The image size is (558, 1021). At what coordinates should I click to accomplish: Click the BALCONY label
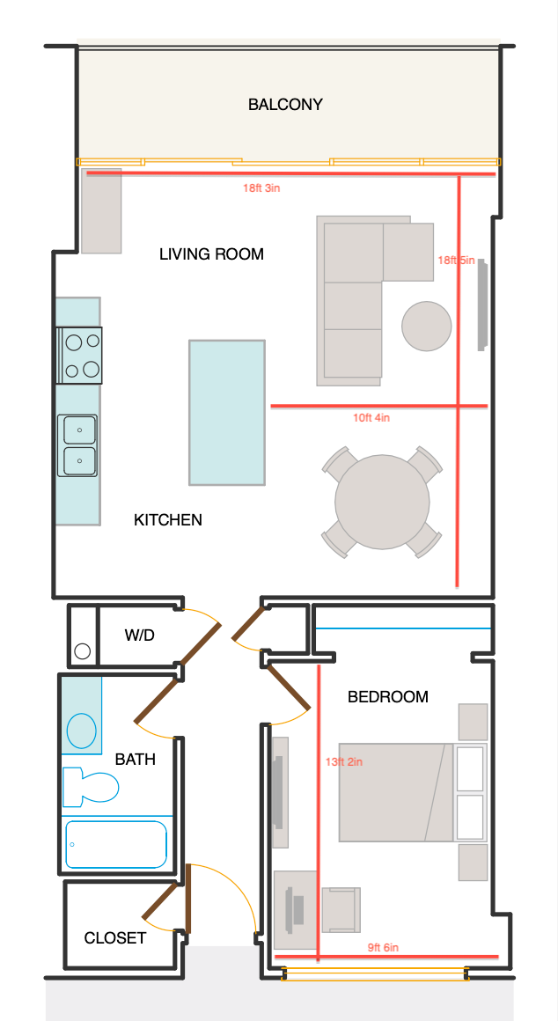tap(285, 104)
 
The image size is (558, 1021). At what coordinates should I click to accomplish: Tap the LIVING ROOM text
tap(211, 254)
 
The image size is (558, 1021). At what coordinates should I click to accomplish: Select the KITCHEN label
tap(168, 519)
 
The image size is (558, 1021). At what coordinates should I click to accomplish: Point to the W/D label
tap(140, 635)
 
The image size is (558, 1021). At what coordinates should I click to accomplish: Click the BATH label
tap(135, 759)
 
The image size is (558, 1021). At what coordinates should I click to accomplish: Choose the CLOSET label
tap(115, 937)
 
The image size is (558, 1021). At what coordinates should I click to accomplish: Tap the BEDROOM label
tap(388, 697)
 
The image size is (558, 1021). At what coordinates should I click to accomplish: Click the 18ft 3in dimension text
tap(261, 188)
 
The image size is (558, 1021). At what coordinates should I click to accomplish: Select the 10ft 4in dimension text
tap(371, 418)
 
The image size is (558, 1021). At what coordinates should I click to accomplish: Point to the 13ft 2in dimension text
tap(344, 761)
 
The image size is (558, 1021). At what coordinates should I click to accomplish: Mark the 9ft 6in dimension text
tap(383, 947)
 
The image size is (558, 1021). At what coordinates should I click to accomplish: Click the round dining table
tap(382, 502)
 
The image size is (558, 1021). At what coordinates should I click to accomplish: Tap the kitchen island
tap(227, 412)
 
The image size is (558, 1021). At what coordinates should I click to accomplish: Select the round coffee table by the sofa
tap(427, 327)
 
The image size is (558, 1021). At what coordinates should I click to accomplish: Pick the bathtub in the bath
tap(116, 845)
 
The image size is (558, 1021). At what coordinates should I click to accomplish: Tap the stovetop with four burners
tap(79, 356)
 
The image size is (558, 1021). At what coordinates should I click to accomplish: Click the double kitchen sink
tap(77, 445)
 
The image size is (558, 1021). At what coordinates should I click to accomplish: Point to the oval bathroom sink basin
tap(82, 731)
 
